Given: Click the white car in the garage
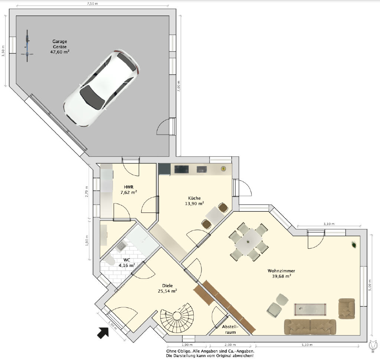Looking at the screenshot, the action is pyautogui.click(x=101, y=89).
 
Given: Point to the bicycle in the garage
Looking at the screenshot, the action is pyautogui.click(x=27, y=46).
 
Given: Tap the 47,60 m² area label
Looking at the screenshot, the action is pyautogui.click(x=60, y=52).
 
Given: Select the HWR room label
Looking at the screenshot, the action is pyautogui.click(x=128, y=187).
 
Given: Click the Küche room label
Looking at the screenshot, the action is pyautogui.click(x=194, y=198).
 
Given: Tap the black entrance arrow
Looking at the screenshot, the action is pyautogui.click(x=103, y=333).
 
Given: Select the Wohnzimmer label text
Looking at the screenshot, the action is pyautogui.click(x=281, y=271).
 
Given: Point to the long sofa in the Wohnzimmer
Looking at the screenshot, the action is pyautogui.click(x=310, y=327).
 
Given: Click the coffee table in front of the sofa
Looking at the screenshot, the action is pyautogui.click(x=310, y=310).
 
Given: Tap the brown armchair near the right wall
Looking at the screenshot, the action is pyautogui.click(x=347, y=308).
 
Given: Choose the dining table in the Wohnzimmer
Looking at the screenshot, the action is pyautogui.click(x=248, y=241).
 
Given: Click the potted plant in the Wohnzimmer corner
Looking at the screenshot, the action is pyautogui.click(x=354, y=245).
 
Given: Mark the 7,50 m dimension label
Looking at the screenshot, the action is pyautogui.click(x=92, y=4).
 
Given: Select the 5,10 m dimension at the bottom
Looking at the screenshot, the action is pyautogui.click(x=307, y=345).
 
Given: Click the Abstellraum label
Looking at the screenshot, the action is pyautogui.click(x=229, y=330).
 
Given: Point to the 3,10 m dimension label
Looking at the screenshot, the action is pyautogui.click(x=329, y=224).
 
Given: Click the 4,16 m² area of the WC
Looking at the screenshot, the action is pyautogui.click(x=127, y=265).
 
